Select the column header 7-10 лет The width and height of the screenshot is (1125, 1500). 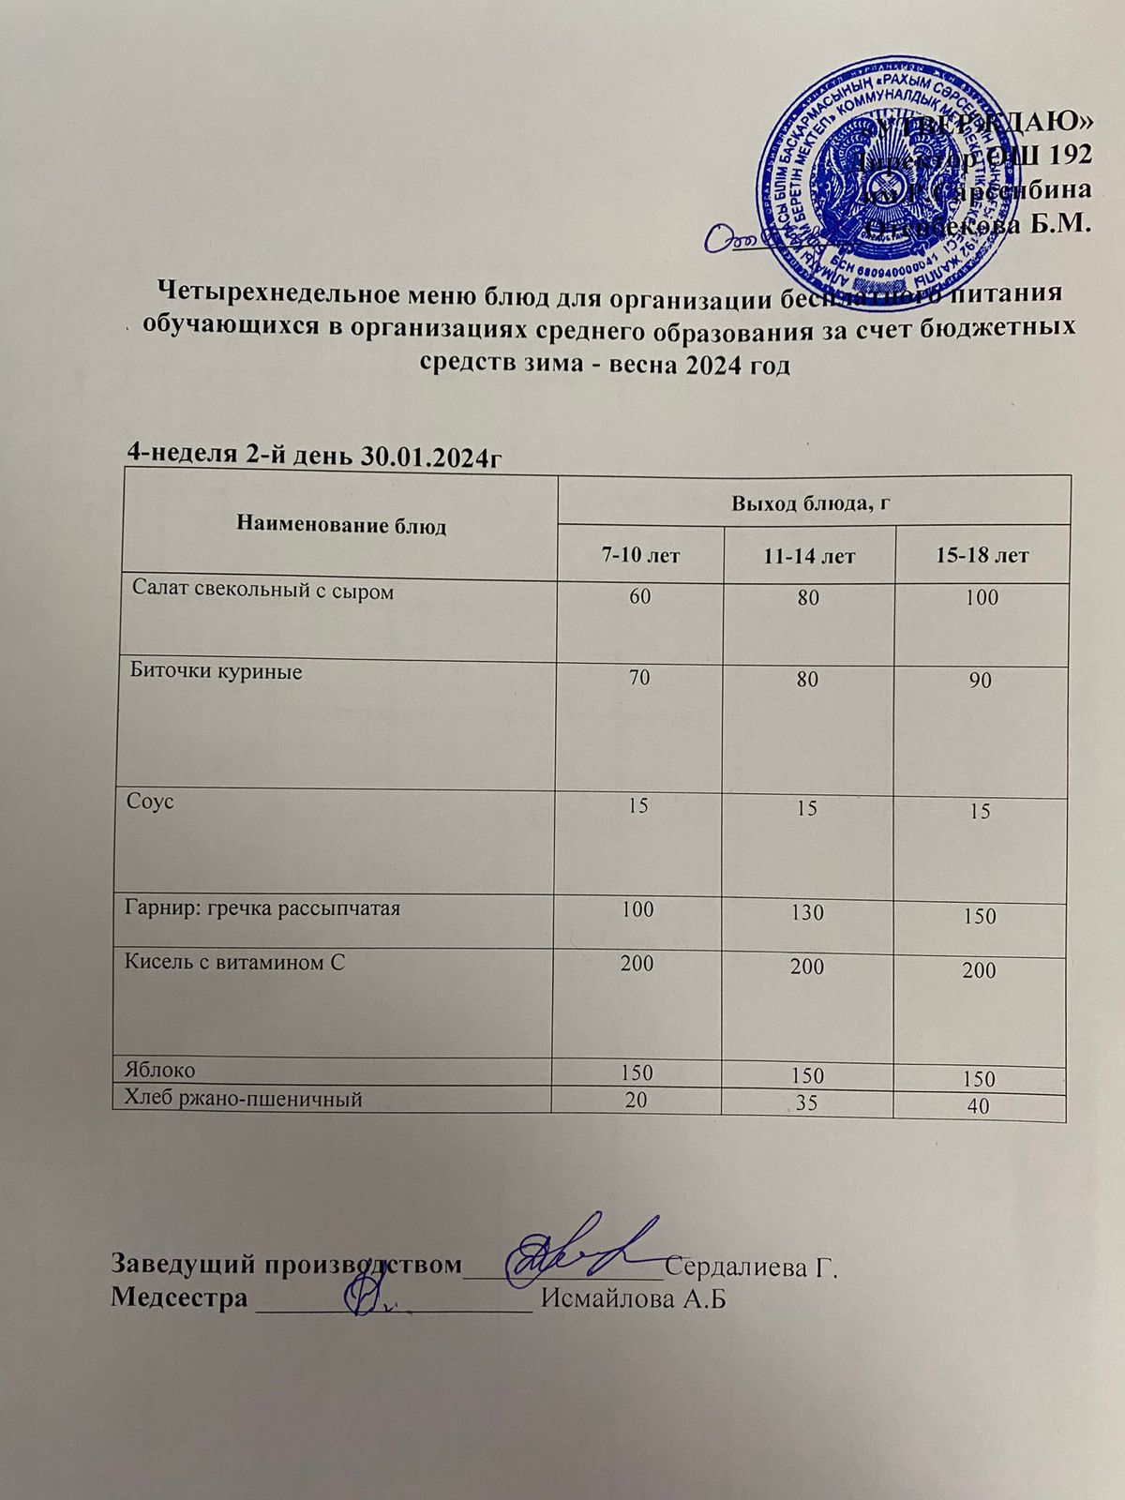click(x=640, y=555)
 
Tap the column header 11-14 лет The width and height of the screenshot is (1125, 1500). click(x=809, y=556)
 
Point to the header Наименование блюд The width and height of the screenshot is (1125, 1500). click(x=341, y=525)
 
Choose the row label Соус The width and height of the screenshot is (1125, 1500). click(x=151, y=802)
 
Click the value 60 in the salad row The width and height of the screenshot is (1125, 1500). click(x=640, y=597)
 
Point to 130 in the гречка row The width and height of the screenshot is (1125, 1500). click(x=807, y=910)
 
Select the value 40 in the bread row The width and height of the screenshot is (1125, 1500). click(x=979, y=1107)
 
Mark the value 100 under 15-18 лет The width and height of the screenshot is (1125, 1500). click(x=982, y=597)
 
